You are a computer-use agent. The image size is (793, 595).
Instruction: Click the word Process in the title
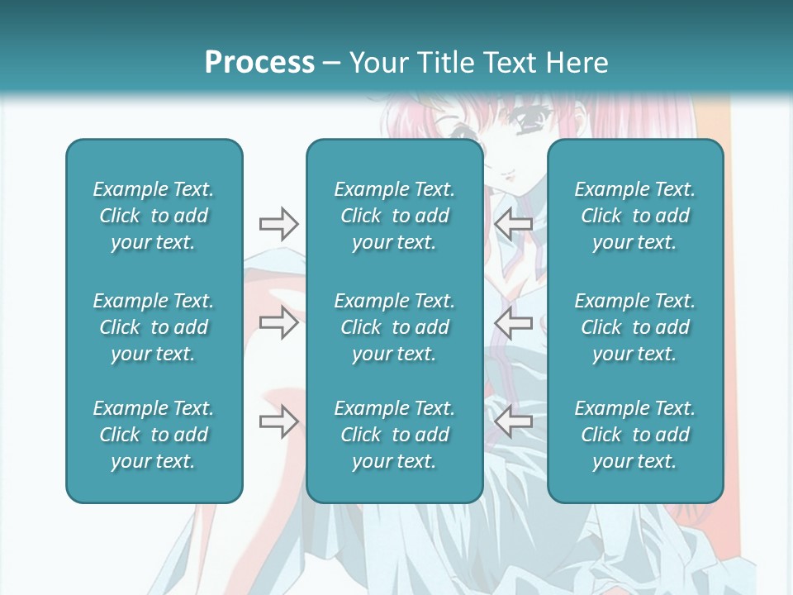[259, 63]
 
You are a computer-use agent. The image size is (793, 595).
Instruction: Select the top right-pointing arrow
[278, 223]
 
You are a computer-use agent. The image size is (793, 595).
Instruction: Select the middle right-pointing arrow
[278, 322]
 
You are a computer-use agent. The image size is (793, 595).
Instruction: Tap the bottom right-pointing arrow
[278, 421]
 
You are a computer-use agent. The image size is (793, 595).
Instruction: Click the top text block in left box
[154, 216]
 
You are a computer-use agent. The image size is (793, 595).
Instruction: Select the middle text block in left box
[154, 327]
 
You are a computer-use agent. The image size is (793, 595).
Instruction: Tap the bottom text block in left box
[154, 435]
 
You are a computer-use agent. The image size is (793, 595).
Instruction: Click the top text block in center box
[395, 216]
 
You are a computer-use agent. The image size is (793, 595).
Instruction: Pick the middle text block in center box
[395, 327]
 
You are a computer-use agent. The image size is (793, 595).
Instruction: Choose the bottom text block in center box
[395, 435]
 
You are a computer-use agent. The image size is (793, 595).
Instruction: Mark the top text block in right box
[635, 216]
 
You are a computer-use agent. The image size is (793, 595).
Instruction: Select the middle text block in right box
[635, 327]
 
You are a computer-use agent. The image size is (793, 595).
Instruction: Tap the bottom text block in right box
[635, 435]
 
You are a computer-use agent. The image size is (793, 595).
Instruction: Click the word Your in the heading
[377, 63]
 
